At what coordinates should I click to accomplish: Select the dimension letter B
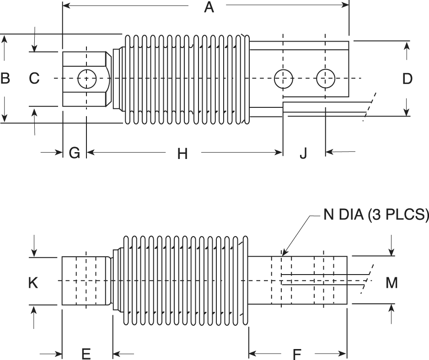click(x=5, y=79)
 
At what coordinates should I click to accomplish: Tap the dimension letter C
click(x=34, y=79)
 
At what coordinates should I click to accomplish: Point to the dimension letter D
click(x=407, y=79)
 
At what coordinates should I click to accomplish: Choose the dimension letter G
click(x=74, y=153)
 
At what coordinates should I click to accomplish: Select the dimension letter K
click(x=33, y=283)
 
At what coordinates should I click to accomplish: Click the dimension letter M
click(x=391, y=283)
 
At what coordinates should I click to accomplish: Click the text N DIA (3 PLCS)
click(x=375, y=215)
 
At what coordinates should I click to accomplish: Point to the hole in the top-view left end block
click(x=86, y=79)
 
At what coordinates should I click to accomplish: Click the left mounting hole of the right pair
click(x=283, y=79)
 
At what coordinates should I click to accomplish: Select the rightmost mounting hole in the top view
click(x=325, y=79)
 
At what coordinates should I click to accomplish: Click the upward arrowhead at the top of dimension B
click(x=5, y=38)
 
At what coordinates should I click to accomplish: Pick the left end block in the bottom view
click(x=86, y=281)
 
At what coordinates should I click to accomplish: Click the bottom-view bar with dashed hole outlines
click(x=297, y=281)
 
